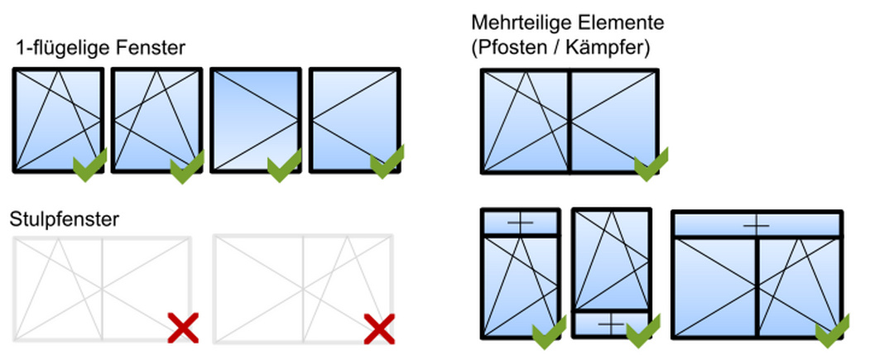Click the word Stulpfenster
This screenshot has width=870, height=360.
(65, 219)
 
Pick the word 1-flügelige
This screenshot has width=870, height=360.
(64, 48)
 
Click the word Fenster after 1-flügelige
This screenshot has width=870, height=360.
(151, 48)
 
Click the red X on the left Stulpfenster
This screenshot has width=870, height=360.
(183, 328)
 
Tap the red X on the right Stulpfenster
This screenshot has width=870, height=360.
(379, 329)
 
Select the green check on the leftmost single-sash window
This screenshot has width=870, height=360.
(90, 165)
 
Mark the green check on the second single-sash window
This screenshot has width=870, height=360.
(187, 166)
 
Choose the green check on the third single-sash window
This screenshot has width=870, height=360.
(284, 166)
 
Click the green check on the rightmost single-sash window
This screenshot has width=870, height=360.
(387, 161)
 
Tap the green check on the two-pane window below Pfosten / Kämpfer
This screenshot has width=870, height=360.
(651, 164)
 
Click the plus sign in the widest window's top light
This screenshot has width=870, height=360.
(757, 226)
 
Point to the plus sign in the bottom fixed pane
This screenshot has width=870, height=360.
(611, 324)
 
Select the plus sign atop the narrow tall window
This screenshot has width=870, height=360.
(520, 223)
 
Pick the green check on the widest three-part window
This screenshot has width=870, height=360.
(832, 331)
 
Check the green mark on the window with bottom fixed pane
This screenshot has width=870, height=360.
(643, 331)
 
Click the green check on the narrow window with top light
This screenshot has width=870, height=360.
(550, 332)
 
